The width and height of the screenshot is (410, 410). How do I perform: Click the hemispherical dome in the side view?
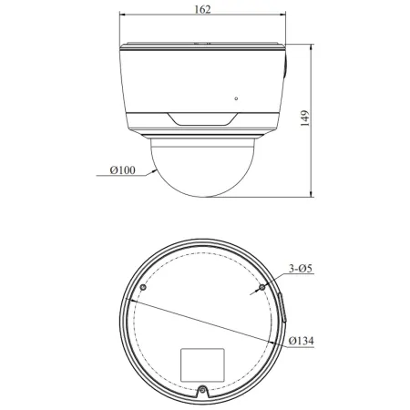click(202, 164)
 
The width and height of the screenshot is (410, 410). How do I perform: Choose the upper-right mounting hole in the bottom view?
click(262, 287)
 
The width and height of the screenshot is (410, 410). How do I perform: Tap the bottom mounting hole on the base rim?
click(202, 392)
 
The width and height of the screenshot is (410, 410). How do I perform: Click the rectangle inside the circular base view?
click(202, 363)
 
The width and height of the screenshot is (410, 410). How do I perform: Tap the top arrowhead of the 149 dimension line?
click(313, 46)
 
